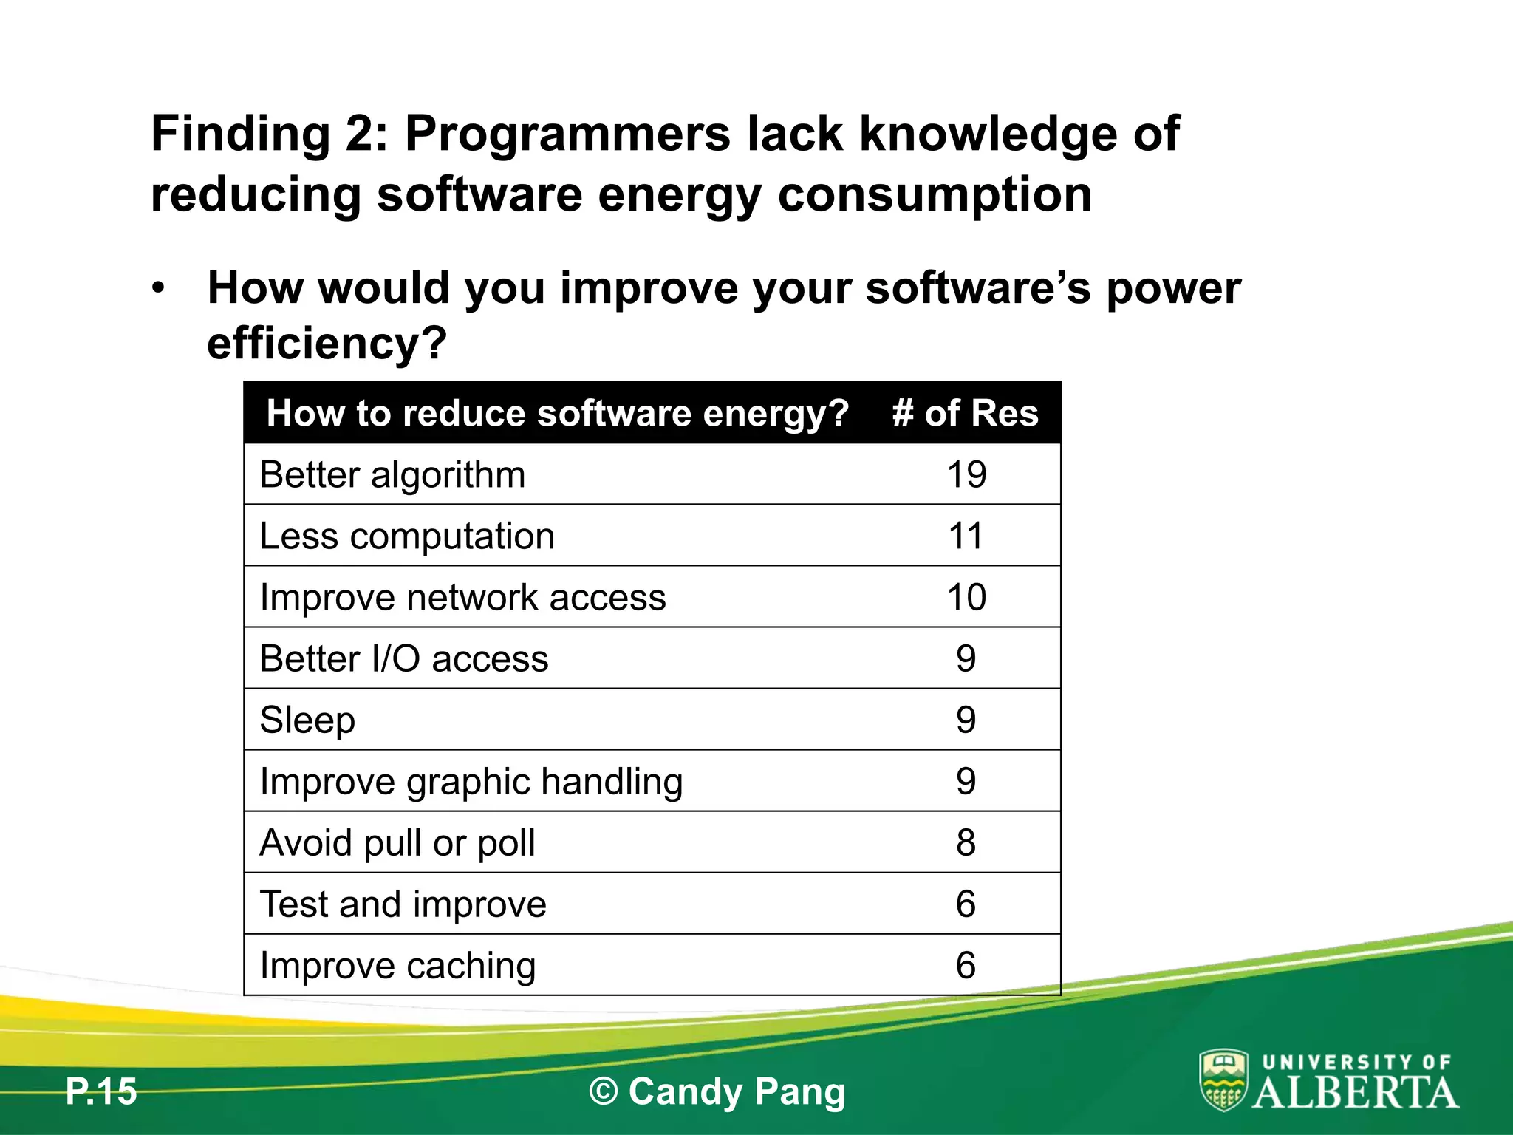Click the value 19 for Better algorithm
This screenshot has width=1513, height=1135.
pos(966,474)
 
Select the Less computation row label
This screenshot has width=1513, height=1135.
pos(407,536)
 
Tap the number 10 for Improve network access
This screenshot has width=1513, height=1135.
pos(966,597)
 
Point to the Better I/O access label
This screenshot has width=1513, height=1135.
pos(404,658)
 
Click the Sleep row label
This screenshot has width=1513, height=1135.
pos(307,720)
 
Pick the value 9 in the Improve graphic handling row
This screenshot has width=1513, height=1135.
pos(966,781)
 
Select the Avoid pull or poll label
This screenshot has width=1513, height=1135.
pos(397,843)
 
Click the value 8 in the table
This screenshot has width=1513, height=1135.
pos(966,842)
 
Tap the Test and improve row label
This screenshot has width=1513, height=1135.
pos(403,904)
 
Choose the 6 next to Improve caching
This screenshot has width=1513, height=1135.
pos(966,965)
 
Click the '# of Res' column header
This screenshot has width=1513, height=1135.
pos(965,413)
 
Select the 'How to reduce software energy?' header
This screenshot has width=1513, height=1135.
pos(558,413)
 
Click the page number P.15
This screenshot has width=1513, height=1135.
pos(101,1091)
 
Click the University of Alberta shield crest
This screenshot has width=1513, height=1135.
pos(1223,1080)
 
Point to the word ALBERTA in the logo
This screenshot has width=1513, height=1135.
pos(1356,1092)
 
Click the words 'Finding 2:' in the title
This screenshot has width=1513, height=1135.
pos(269,134)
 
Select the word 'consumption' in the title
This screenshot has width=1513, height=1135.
pos(935,194)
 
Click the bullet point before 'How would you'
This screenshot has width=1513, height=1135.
pos(157,288)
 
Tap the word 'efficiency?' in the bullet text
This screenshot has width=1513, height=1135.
pos(327,343)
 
